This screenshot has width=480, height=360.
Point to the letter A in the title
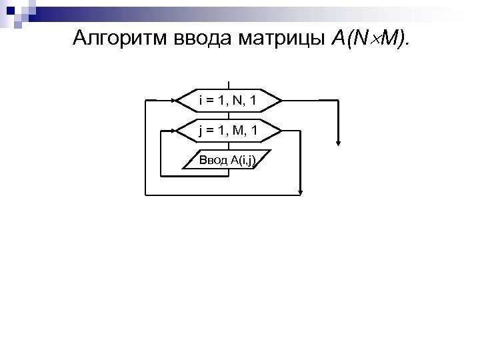[x=337, y=39]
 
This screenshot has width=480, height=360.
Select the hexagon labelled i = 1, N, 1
[x=228, y=101]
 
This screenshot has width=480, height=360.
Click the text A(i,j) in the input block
[x=241, y=160]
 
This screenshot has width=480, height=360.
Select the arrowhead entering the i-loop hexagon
[x=174, y=101]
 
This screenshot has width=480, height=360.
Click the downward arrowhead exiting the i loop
[x=339, y=142]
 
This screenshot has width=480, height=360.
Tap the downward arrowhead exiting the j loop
[x=301, y=192]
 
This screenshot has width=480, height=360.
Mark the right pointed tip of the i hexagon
[x=281, y=101]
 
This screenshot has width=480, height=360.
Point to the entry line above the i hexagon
[x=228, y=84]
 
